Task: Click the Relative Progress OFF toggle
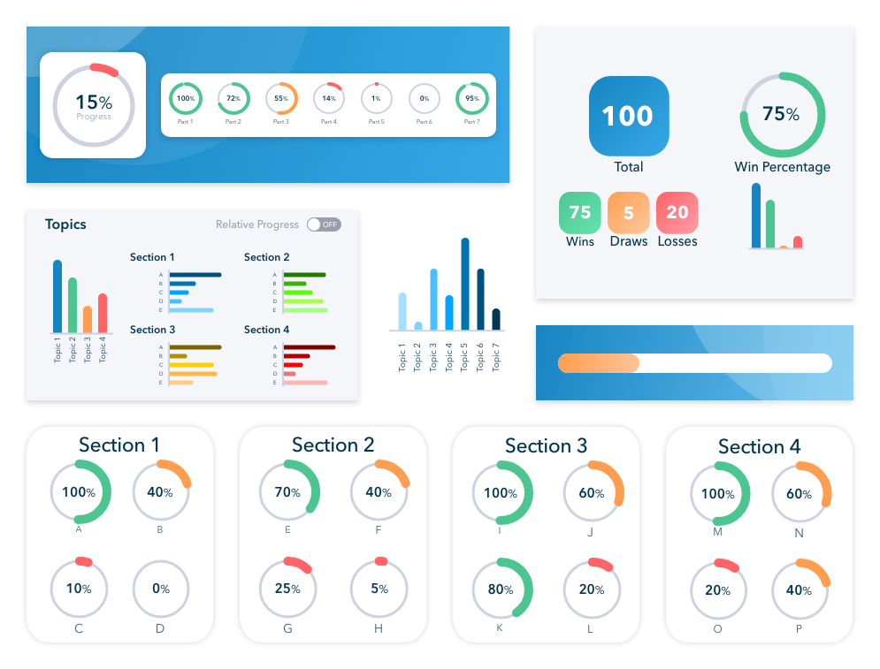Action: (x=324, y=224)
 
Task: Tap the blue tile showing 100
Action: (x=629, y=116)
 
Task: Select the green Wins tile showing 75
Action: (x=580, y=213)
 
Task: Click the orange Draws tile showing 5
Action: (x=629, y=213)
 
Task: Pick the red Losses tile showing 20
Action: (x=677, y=213)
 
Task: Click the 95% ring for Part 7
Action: (x=471, y=99)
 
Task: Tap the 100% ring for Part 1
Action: (x=186, y=99)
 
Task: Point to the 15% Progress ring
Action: (x=93, y=104)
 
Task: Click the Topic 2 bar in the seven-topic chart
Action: (x=418, y=326)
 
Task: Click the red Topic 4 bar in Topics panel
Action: (x=103, y=313)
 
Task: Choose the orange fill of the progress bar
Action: (x=598, y=363)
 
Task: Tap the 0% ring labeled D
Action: (x=160, y=589)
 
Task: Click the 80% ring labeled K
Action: (x=501, y=588)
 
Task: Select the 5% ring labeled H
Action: (x=379, y=589)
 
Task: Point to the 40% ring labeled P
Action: (x=800, y=590)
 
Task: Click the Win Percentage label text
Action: (x=782, y=167)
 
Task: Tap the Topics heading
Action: (x=65, y=224)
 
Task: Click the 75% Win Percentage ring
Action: (x=782, y=115)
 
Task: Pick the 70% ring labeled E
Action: (x=288, y=492)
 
